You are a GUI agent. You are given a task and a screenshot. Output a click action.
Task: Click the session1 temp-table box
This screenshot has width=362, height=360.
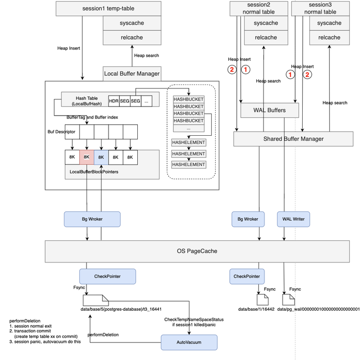(108, 9)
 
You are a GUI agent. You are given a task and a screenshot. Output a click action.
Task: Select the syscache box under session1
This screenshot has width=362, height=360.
(132, 23)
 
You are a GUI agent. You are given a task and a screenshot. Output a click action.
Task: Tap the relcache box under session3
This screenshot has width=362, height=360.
(329, 37)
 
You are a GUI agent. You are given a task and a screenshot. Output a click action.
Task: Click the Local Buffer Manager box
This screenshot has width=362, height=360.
(132, 73)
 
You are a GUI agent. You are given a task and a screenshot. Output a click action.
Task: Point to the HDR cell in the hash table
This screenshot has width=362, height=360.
(114, 101)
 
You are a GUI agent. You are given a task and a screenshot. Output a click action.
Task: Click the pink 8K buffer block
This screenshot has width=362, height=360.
(86, 157)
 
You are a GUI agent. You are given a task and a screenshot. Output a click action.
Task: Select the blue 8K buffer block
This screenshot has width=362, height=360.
(101, 157)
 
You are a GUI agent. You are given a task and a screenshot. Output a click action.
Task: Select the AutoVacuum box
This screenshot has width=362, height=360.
(189, 342)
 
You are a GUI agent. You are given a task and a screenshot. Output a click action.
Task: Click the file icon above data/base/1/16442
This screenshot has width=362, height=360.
(262, 299)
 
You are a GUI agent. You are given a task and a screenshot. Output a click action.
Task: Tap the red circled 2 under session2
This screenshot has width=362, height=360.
(232, 70)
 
